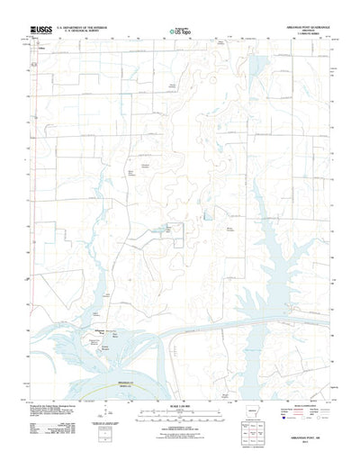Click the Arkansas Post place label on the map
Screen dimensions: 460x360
(98, 330)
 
